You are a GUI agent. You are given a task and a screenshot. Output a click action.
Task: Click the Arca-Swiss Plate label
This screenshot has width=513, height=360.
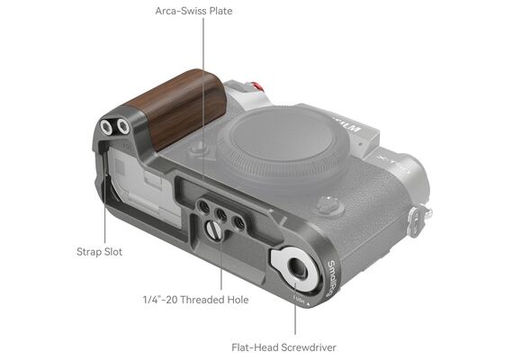point(193,11)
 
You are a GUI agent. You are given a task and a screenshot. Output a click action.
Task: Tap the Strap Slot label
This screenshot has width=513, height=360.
point(99,252)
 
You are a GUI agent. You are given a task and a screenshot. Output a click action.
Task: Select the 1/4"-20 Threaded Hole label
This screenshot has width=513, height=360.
point(195,300)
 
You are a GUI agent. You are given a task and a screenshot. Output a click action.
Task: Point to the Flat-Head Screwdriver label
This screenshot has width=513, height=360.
point(283,347)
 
